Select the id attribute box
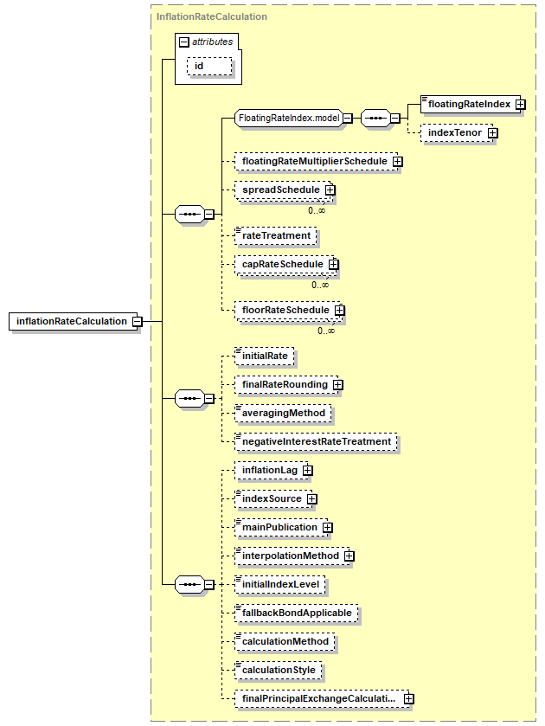click(x=209, y=67)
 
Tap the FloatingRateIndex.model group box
click(x=289, y=118)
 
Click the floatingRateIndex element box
click(x=470, y=104)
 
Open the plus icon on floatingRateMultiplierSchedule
click(x=398, y=162)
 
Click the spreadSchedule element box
click(x=283, y=190)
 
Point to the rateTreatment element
click(x=275, y=235)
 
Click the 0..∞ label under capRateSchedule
click(x=320, y=286)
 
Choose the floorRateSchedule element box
click(x=287, y=311)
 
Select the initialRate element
click(x=264, y=356)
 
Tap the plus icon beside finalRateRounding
click(x=338, y=385)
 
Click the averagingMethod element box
click(x=283, y=413)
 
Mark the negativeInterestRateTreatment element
click(x=316, y=441)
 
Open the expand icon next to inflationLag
click(x=308, y=471)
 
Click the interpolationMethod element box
click(x=292, y=556)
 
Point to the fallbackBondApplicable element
click(x=297, y=613)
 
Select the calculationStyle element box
click(x=278, y=670)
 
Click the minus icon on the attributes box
click(x=184, y=42)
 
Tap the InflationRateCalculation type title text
click(x=212, y=16)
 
